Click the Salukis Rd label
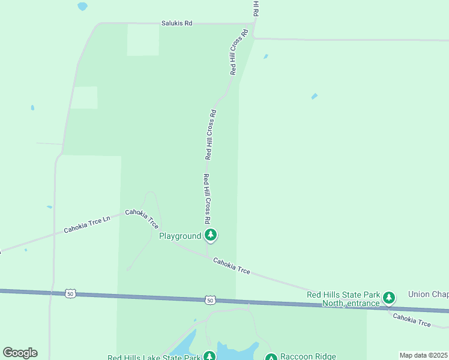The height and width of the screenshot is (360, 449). (176, 23)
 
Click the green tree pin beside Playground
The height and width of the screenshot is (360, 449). (210, 235)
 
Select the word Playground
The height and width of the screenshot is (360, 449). (179, 236)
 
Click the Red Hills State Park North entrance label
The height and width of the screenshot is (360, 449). (343, 299)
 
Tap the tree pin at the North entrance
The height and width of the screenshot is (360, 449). (389, 296)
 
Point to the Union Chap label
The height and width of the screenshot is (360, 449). (428, 294)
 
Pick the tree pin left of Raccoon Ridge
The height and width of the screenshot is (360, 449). (271, 358)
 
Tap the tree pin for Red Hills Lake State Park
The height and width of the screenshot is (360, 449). (209, 356)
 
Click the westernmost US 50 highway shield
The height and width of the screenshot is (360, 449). (71, 293)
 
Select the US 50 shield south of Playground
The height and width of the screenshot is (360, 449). (209, 299)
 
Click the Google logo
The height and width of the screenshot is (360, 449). (20, 353)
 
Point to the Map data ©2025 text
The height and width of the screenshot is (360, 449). (424, 355)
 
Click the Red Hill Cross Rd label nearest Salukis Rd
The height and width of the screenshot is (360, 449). (239, 52)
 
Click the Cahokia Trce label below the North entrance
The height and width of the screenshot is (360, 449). (412, 320)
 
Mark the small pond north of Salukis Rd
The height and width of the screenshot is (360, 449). (82, 7)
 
